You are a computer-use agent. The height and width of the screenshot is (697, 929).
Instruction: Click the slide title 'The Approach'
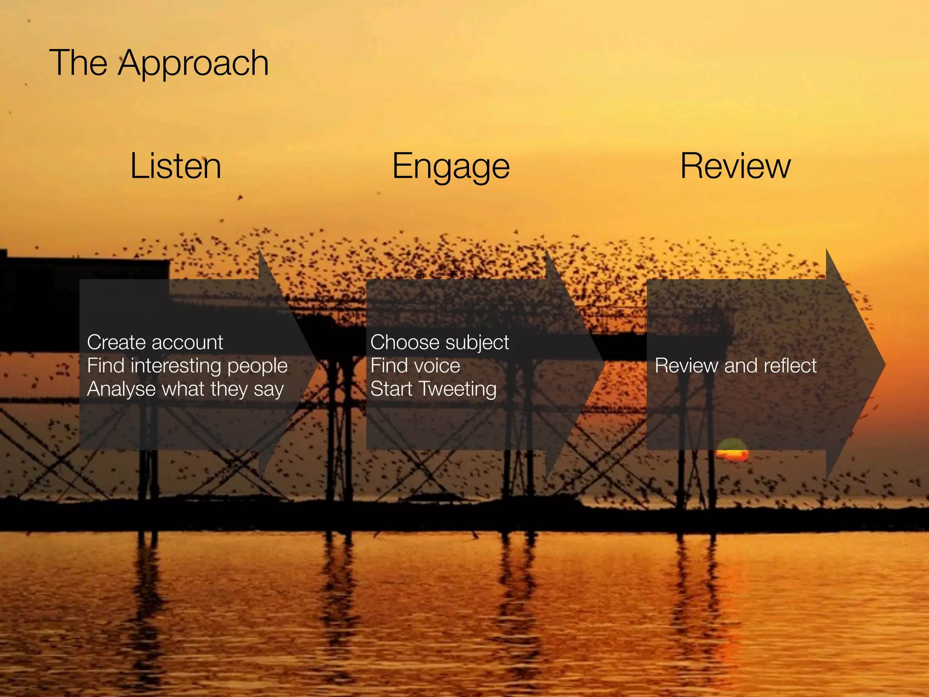coord(159,63)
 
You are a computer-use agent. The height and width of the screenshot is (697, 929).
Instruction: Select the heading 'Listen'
coord(176,166)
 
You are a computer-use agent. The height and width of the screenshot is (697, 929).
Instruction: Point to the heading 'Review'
coord(735,166)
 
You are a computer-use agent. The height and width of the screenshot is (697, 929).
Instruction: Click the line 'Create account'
coord(155,342)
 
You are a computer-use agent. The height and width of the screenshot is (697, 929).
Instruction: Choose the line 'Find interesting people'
coord(187,366)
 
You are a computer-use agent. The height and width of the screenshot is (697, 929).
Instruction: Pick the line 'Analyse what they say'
coord(185,389)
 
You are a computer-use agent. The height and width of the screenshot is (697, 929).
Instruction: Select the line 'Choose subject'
coord(440,342)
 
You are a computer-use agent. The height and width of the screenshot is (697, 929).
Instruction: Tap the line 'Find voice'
coord(415,366)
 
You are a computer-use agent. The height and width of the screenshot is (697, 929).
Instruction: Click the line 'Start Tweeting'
coord(433,389)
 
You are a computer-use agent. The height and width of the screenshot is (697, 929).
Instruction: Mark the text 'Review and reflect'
coord(735,366)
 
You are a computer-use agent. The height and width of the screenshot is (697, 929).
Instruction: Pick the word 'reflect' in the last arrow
coord(790,366)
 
